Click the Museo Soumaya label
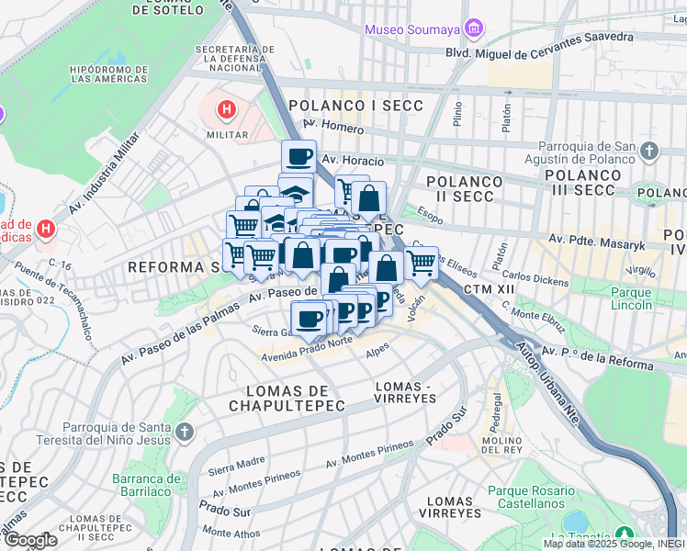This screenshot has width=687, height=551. (x=412, y=29)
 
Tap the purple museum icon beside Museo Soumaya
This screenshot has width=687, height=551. (x=473, y=29)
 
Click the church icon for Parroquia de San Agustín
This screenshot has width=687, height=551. (x=649, y=150)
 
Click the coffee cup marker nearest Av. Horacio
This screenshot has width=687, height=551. (x=298, y=157)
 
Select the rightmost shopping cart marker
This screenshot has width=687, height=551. (x=421, y=264)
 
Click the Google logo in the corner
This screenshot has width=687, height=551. (x=29, y=539)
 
